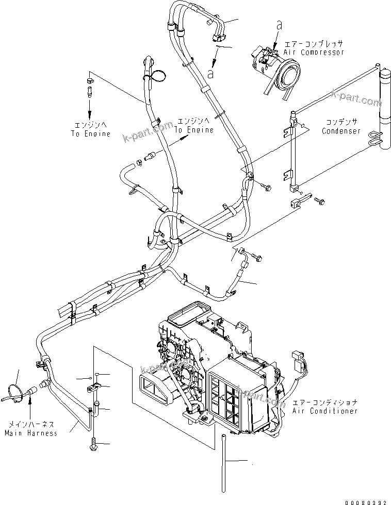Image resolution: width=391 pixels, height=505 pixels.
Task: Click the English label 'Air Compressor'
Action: pyautogui.click(x=314, y=53)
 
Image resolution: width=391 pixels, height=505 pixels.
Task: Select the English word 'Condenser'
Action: pyautogui.click(x=341, y=131)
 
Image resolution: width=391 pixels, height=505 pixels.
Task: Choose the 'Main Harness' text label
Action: pyautogui.click(x=31, y=433)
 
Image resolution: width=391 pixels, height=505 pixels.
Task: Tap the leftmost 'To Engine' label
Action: pyautogui.click(x=91, y=134)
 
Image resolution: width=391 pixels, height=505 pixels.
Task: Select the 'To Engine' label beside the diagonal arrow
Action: pyautogui.click(x=193, y=130)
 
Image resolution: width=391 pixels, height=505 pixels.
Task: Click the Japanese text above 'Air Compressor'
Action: pyautogui.click(x=314, y=44)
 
